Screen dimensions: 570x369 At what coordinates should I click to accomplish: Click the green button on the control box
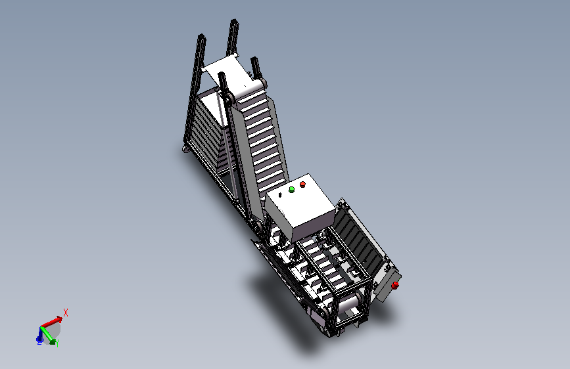[291, 190]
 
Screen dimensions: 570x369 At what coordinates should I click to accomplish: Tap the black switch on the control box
[280, 195]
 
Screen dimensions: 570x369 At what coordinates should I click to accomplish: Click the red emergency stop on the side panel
[395, 286]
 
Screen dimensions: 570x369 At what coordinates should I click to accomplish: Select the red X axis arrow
[51, 322]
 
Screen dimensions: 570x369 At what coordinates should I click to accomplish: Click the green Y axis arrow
[48, 334]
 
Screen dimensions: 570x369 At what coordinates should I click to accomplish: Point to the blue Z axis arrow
[39, 336]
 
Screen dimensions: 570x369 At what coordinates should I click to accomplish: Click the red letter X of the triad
[66, 313]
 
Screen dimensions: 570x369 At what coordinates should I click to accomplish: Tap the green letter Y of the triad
[57, 343]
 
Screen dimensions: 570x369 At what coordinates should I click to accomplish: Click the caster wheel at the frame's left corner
[186, 149]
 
